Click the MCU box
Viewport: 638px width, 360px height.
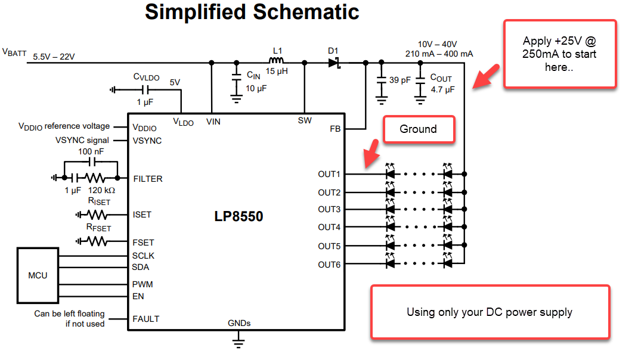[38, 276]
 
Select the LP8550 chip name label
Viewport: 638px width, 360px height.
[239, 216]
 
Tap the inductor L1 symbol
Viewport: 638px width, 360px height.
[276, 61]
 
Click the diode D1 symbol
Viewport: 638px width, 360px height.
[334, 62]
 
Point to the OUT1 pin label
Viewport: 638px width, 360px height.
[329, 175]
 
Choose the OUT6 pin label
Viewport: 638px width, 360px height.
[329, 265]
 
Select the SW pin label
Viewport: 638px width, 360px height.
[305, 121]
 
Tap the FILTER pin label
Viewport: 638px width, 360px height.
[148, 178]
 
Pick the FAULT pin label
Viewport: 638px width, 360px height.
[146, 319]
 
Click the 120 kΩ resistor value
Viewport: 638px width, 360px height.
[101, 191]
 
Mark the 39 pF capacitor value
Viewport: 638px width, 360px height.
[399, 80]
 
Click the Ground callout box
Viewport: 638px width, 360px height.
[419, 129]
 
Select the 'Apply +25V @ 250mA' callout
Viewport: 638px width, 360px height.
[559, 54]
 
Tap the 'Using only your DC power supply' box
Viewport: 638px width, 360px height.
[490, 312]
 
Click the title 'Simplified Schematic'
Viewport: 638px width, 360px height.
[252, 12]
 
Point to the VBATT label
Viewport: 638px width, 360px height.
[14, 52]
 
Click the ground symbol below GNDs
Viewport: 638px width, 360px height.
[239, 341]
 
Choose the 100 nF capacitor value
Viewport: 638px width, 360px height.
[91, 152]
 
